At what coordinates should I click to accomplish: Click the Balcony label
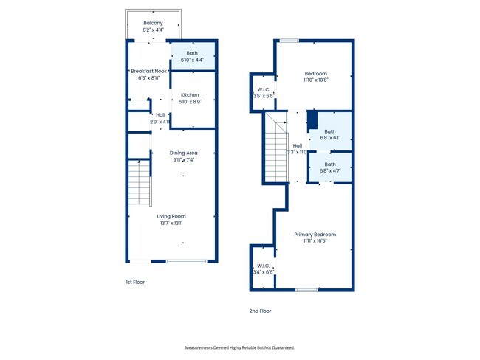coord(153,24)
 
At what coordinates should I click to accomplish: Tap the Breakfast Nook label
coord(148,71)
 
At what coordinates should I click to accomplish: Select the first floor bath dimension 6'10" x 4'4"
coord(192,60)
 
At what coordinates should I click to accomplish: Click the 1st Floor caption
coord(134,282)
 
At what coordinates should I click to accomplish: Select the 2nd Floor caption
coord(260,311)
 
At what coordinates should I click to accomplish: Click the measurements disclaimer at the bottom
coord(239,347)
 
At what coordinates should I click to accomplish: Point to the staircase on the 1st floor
coord(139,182)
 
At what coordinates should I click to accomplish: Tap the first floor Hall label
coord(160,115)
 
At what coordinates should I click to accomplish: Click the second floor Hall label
coord(297,145)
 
